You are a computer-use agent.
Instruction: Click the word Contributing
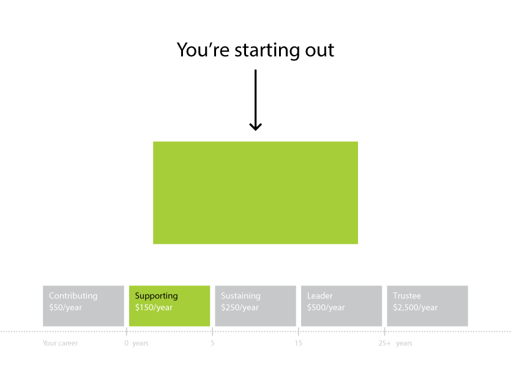(73, 296)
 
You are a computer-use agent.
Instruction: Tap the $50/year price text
(65, 308)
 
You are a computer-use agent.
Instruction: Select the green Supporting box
(170, 306)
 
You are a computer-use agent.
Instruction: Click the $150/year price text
(154, 308)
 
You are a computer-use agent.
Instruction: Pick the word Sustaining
(241, 296)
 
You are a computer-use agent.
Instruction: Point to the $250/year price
(239, 308)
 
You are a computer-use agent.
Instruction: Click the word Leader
(319, 296)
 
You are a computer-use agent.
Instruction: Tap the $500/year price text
(326, 308)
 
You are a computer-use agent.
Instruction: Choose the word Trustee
(407, 296)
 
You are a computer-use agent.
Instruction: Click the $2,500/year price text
(415, 308)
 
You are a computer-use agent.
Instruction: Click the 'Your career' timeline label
(61, 343)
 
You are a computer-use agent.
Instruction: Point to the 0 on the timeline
(127, 343)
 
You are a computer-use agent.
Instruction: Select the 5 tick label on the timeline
(212, 343)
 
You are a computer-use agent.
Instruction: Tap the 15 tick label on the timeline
(298, 343)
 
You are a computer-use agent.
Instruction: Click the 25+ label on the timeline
(384, 343)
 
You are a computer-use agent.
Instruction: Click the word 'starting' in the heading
(267, 51)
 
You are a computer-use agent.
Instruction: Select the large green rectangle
(256, 193)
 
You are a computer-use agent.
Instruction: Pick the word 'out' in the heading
(319, 51)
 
